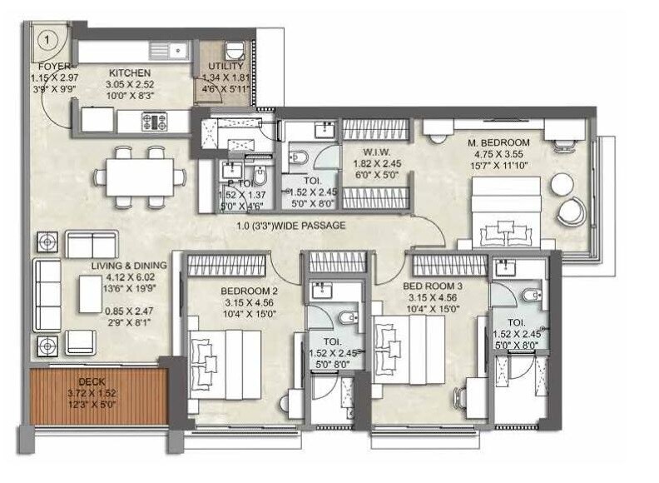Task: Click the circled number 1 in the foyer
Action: coord(49,38)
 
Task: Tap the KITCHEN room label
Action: coord(129,73)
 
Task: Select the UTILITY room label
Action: coord(225,67)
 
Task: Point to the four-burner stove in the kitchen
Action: coord(156,122)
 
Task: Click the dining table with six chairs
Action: coord(139,175)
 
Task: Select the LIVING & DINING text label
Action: coord(129,266)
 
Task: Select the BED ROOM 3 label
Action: coord(429,286)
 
